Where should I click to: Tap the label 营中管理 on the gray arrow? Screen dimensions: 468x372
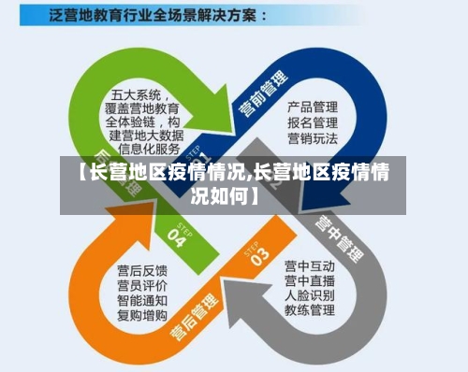click(338, 231)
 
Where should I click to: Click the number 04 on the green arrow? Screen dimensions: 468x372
click(177, 230)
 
